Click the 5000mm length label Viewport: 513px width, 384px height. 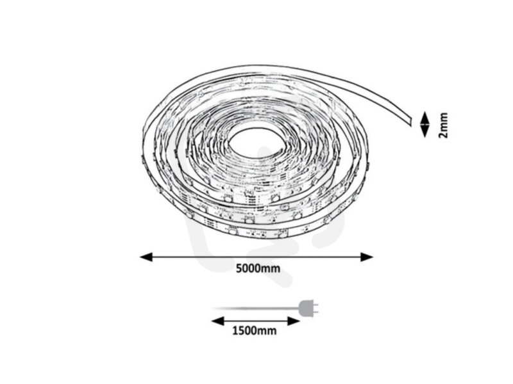pos(258,268)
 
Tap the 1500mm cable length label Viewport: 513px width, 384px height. pos(254,331)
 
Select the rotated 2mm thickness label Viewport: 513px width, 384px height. pos(443,125)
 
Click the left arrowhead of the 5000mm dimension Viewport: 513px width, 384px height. pos(146,257)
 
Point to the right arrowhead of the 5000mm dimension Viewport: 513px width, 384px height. pos(367,257)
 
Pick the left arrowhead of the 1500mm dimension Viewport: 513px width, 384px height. pos(217,321)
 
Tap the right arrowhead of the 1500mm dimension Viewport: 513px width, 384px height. pos(294,321)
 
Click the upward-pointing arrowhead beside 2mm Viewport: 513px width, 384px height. pos(425,116)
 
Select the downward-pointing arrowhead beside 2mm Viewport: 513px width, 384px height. pos(425,132)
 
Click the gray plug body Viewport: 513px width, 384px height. pos(305,308)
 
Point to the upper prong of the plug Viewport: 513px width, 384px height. pos(315,305)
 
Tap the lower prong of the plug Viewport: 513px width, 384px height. pos(315,312)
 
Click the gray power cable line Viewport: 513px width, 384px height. pos(255,308)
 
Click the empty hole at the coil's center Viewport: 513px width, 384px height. pos(255,141)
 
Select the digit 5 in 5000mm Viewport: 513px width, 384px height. pos(239,268)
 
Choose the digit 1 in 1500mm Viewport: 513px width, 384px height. pos(235,331)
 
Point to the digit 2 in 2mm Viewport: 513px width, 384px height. pos(443,135)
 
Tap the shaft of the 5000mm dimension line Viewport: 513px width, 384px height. pos(256,257)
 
